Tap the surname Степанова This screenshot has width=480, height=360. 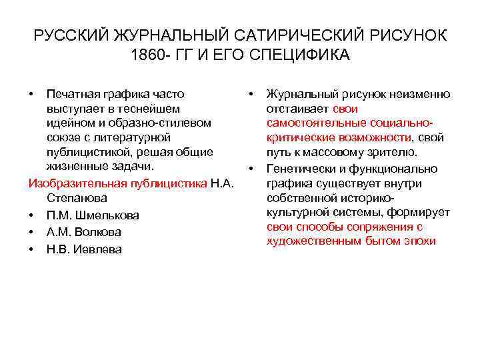(76, 198)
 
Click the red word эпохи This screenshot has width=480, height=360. (418, 241)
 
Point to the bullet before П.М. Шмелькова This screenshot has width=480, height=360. (32, 215)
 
